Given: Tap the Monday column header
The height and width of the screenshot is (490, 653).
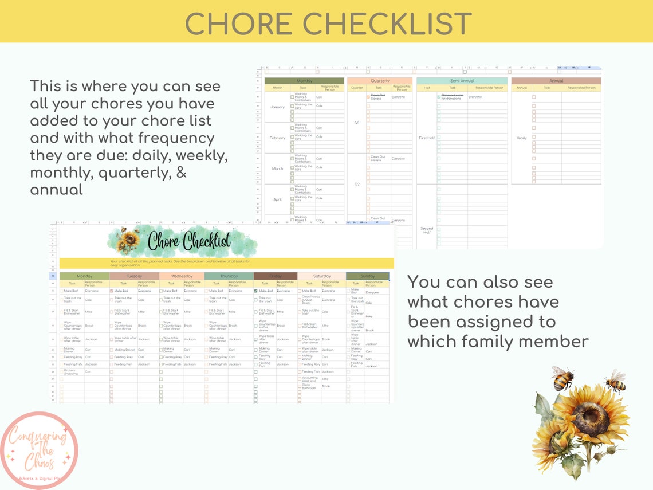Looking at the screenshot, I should [84, 276].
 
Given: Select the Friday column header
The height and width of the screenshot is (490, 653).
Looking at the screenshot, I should [276, 276].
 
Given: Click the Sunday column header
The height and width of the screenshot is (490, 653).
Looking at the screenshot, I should [368, 276].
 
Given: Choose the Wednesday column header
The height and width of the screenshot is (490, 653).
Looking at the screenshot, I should [182, 276].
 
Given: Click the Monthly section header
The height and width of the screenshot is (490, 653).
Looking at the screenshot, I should [304, 81].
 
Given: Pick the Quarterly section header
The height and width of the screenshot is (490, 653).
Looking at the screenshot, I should [380, 81].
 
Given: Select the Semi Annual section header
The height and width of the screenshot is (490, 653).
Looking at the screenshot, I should [462, 81].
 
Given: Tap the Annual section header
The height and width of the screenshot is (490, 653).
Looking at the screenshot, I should [556, 81].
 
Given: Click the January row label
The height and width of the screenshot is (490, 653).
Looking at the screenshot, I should [277, 107].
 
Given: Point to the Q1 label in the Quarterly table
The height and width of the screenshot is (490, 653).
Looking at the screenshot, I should [357, 122].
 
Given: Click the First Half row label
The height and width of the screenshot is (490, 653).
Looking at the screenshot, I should [427, 138].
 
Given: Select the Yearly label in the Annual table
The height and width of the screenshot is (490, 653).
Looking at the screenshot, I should [521, 138].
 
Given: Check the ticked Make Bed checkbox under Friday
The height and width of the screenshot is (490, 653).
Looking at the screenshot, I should [255, 291].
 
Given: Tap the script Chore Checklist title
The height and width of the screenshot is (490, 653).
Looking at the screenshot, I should [189, 241].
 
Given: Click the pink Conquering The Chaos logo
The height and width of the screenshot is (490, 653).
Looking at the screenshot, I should [39, 450].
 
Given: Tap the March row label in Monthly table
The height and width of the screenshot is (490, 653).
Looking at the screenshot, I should [277, 168].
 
